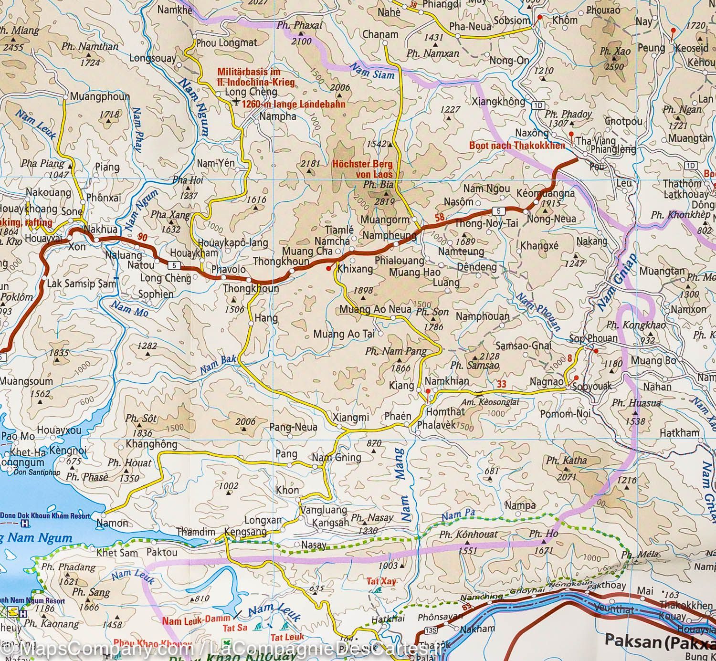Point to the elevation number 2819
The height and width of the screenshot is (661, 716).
pos(384,202)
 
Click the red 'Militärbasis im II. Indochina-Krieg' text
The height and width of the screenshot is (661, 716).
pos(255,77)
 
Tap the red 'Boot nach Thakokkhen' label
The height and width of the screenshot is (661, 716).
pos(517,146)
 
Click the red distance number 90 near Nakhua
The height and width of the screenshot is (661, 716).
pos(142,237)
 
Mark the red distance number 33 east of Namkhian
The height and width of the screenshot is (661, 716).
pos(501,384)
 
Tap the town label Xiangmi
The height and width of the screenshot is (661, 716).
pos(350,417)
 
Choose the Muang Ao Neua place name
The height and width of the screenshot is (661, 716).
pos(375,309)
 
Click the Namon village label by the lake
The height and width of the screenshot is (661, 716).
pos(112,523)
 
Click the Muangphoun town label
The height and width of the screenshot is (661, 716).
pos(100,96)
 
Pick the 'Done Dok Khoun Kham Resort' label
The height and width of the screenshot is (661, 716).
pos(45,515)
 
